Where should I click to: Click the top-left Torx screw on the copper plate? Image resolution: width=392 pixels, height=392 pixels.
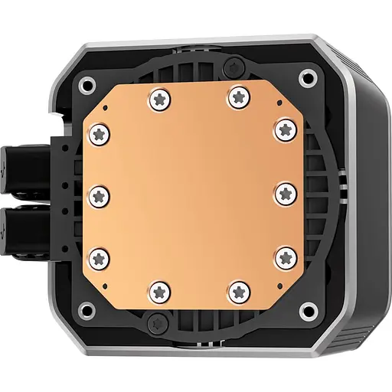click(159, 98)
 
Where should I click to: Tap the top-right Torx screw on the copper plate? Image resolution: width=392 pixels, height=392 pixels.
click(236, 96)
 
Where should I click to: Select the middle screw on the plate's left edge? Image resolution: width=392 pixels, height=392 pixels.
click(100, 194)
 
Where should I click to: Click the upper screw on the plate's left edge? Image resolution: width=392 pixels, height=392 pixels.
click(100, 135)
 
